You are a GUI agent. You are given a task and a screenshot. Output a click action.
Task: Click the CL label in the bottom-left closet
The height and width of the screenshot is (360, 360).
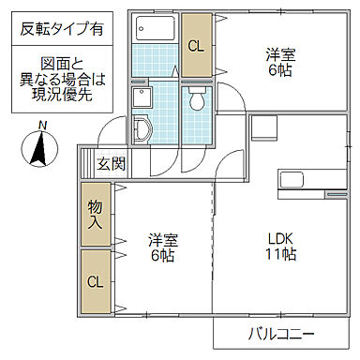[96, 281]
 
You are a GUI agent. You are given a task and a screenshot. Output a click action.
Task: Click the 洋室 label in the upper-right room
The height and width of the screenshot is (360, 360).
[277, 53]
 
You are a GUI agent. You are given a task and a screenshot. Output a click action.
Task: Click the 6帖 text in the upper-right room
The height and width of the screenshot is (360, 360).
[277, 70]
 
